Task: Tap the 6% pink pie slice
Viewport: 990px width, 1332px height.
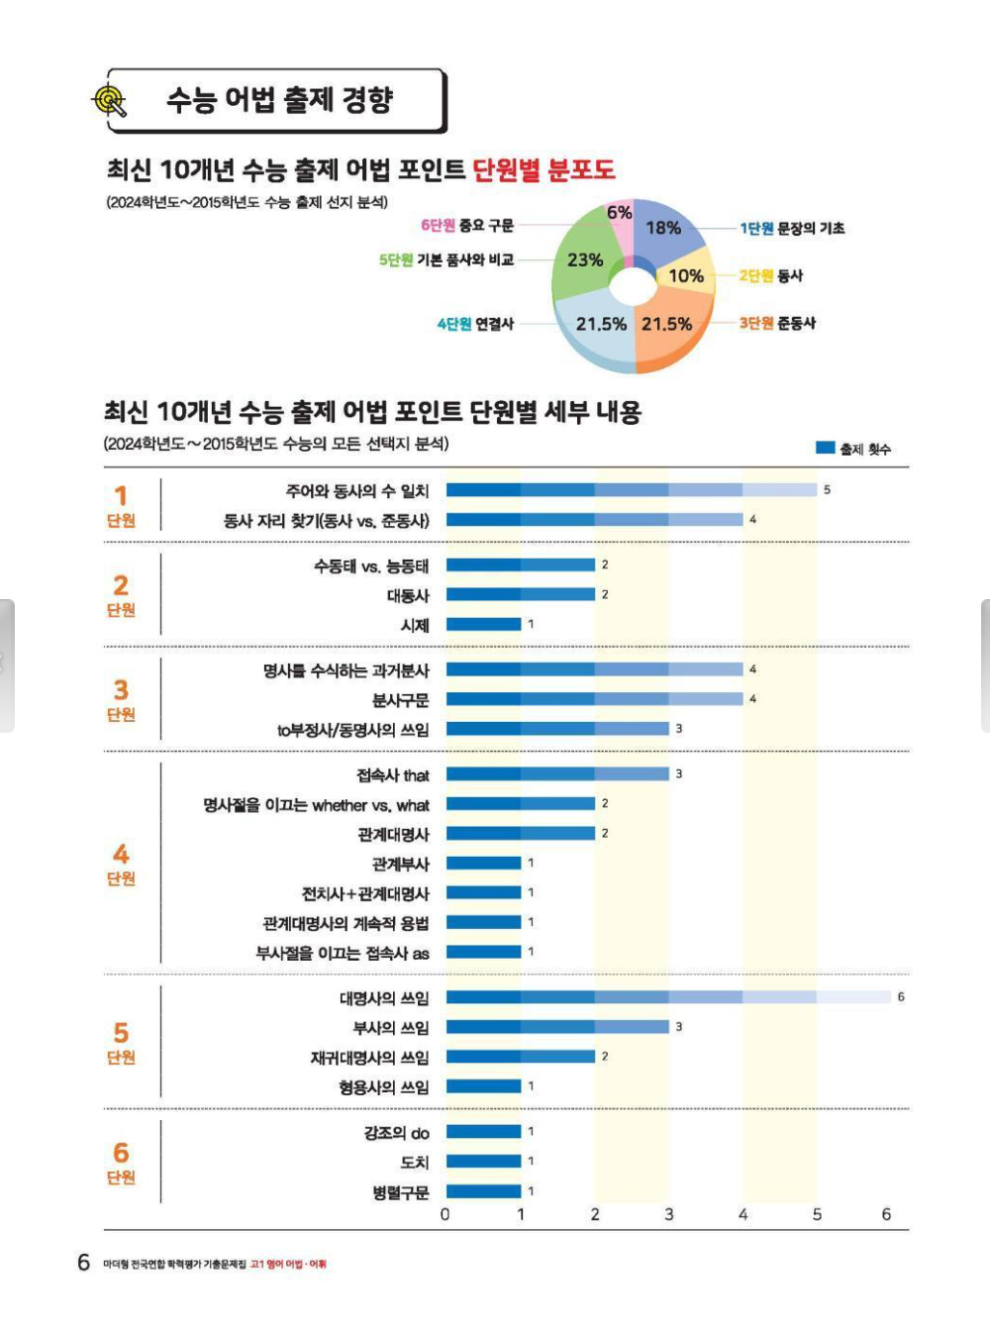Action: click(x=621, y=218)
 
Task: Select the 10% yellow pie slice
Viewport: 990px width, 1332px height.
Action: click(x=686, y=274)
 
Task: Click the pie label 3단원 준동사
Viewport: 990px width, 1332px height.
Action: click(x=777, y=323)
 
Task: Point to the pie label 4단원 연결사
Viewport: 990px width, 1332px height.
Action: click(x=475, y=324)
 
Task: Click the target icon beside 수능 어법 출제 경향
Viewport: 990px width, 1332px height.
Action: click(x=110, y=100)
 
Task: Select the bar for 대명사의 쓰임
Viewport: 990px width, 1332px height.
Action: click(x=668, y=997)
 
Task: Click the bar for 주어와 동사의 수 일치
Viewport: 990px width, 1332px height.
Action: click(x=631, y=489)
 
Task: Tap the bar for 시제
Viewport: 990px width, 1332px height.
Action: click(x=483, y=624)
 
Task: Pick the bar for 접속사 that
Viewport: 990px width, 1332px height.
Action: click(x=557, y=773)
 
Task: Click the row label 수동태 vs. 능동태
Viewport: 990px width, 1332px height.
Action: click(x=371, y=566)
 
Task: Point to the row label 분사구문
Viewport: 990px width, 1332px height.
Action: click(x=400, y=700)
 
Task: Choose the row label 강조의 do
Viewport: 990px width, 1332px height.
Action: click(x=396, y=1132)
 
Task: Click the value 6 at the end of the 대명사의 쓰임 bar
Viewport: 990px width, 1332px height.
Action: click(x=901, y=997)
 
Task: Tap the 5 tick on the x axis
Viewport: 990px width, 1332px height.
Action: click(x=817, y=1214)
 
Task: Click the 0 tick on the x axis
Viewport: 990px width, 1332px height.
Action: click(x=445, y=1214)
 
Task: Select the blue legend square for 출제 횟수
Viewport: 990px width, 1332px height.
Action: click(x=825, y=448)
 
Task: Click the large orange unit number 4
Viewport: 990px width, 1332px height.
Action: click(x=121, y=854)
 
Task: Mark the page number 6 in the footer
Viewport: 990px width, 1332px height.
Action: click(x=84, y=1263)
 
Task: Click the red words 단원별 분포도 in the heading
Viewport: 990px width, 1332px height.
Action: click(x=544, y=169)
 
